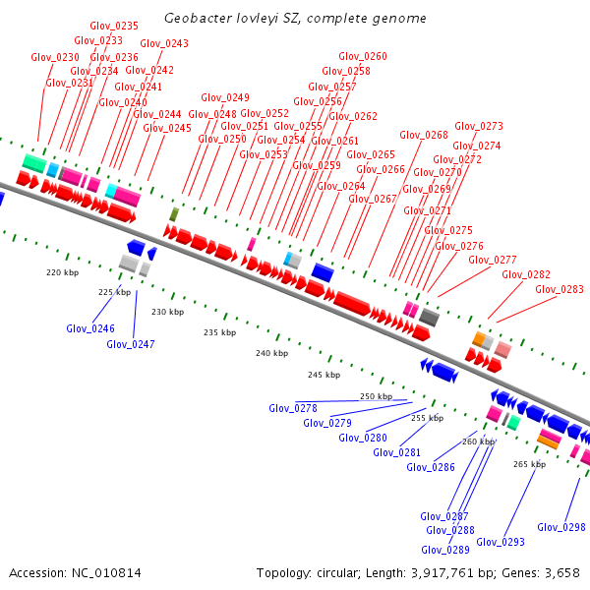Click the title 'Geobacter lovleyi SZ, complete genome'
coord(295,19)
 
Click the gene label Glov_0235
coord(114,26)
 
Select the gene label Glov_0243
coord(164,43)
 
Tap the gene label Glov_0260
coord(362,57)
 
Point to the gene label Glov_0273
coord(479,127)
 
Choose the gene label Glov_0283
coord(560,290)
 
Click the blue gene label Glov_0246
coord(90,329)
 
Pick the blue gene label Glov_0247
coord(131,344)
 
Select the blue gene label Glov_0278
coord(293,408)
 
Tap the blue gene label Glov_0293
coord(501,542)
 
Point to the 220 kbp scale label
coord(62,272)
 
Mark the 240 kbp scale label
coord(270,353)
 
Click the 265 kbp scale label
coord(529,464)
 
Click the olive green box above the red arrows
coord(174,214)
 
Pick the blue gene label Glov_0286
coord(431,467)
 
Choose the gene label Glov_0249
coord(225,98)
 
